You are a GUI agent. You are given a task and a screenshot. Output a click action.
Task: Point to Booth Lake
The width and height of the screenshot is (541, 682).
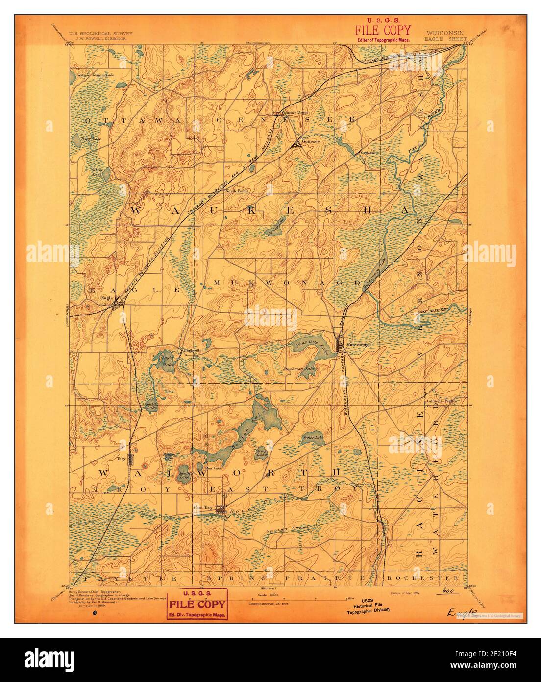184,473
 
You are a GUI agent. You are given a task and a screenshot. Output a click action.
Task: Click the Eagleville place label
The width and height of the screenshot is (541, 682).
192,350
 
